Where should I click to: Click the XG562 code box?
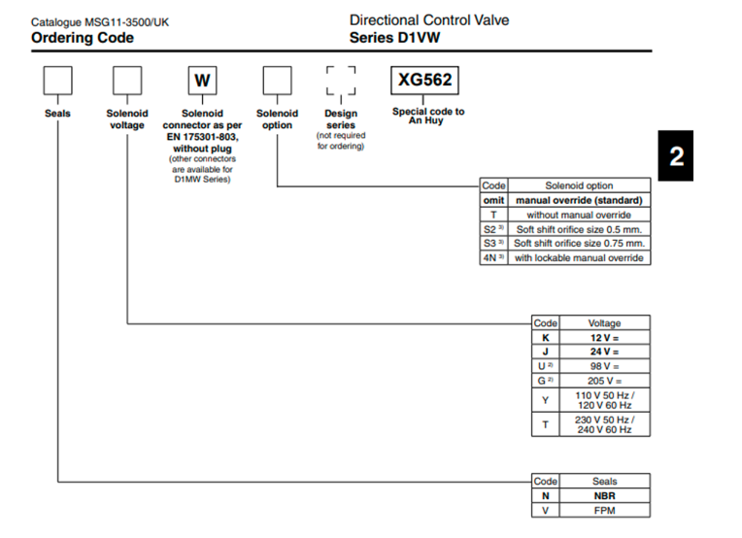click(424, 81)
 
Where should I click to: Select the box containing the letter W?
click(202, 81)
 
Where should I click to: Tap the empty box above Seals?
click(57, 81)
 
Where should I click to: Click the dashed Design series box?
click(341, 81)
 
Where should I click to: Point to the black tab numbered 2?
click(677, 155)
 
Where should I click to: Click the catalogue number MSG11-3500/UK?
click(99, 21)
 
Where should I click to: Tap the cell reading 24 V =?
click(604, 352)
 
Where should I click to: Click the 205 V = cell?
click(604, 381)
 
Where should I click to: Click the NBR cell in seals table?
click(604, 495)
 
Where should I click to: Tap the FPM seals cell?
click(604, 510)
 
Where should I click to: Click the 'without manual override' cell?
click(579, 215)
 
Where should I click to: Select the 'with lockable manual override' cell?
click(579, 257)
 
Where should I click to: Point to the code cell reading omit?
click(493, 200)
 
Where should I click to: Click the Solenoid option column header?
click(579, 185)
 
